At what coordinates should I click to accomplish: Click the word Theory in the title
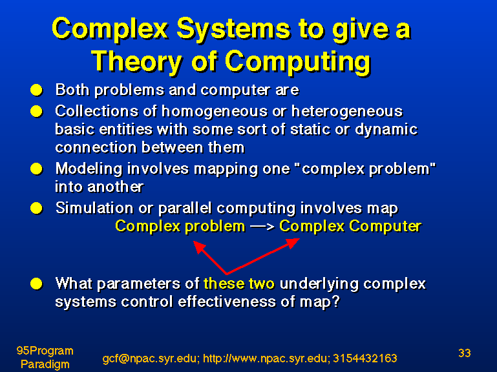[137, 61]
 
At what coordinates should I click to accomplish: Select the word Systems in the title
[233, 29]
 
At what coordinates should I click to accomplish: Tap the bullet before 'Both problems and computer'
[36, 90]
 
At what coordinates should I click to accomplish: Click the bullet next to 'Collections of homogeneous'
[36, 112]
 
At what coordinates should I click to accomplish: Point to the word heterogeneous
[347, 112]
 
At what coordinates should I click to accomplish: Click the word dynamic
[386, 130]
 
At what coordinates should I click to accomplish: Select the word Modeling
[89, 169]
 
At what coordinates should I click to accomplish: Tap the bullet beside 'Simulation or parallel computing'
[36, 209]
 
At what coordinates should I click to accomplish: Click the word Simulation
[94, 208]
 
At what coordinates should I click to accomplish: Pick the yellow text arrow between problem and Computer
[262, 227]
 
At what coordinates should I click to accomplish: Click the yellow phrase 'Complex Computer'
[350, 227]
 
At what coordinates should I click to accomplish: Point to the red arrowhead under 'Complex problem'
[200, 247]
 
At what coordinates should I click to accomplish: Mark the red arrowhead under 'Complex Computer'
[293, 243]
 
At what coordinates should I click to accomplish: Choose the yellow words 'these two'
[239, 284]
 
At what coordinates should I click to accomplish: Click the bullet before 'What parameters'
[36, 284]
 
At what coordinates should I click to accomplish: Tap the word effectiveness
[227, 302]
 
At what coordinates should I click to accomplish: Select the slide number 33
[464, 353]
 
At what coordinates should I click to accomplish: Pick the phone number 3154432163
[365, 358]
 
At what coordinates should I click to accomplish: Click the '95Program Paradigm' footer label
[45, 357]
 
